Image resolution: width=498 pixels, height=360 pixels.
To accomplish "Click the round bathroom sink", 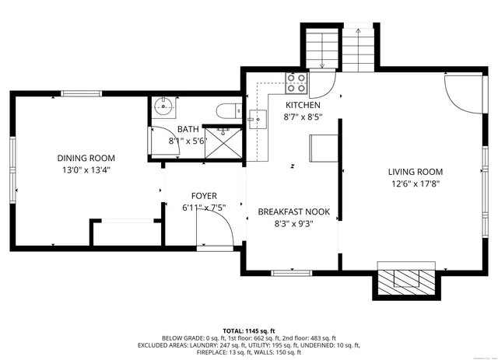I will [x=163, y=105].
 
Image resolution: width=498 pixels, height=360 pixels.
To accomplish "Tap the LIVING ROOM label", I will [x=416, y=172].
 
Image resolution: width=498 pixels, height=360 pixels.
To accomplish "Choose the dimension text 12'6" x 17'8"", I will [x=416, y=183].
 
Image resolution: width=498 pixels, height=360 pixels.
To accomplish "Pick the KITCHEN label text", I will [x=303, y=105].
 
